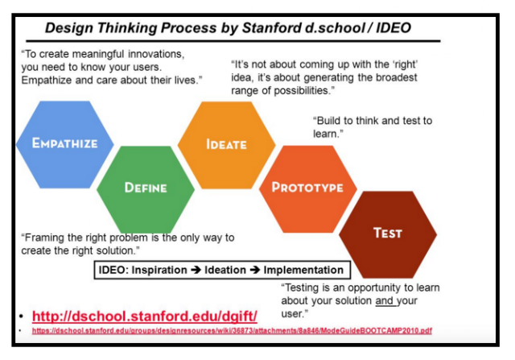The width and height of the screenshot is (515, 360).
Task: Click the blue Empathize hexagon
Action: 65,145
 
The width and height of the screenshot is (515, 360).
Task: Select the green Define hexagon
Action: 146,190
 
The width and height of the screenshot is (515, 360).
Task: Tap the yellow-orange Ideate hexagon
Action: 227,145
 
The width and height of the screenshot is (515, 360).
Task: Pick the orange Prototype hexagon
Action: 307,189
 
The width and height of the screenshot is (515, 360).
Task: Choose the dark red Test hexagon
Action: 388,234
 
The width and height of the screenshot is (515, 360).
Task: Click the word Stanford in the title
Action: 271,27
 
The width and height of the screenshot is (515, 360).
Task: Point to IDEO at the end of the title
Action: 393,27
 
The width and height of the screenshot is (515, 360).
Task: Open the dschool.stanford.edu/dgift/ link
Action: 145,317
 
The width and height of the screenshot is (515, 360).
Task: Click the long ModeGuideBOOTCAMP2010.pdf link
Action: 232,330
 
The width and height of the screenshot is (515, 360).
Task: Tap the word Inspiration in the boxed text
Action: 159,270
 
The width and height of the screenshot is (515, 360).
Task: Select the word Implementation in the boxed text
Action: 303,270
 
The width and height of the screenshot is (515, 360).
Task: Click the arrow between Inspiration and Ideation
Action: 196,270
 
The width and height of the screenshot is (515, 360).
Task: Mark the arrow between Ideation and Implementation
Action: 255,270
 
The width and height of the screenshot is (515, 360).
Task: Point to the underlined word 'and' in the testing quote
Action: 385,300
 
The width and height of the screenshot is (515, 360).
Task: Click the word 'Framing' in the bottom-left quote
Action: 43,238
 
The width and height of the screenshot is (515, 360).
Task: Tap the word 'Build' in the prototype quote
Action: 327,121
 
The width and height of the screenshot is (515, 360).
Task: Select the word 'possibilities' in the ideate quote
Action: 303,91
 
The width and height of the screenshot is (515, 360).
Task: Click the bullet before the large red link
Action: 21,317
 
